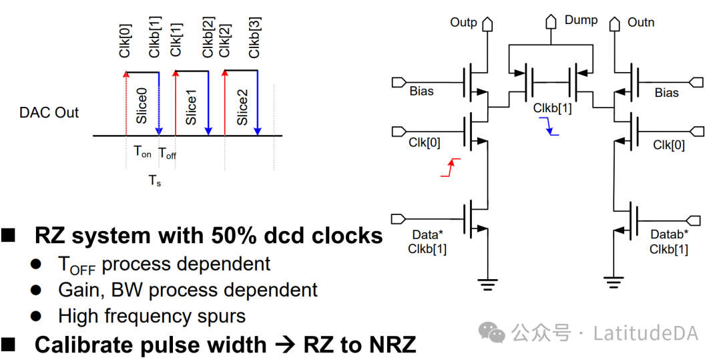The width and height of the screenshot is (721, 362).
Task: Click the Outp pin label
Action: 463,23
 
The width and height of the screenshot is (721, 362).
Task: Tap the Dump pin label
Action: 581,20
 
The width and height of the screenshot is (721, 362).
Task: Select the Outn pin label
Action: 641,23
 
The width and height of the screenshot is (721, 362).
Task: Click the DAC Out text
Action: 49,112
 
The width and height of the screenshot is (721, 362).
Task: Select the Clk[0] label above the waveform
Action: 126,39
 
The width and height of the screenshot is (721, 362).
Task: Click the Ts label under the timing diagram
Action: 155,180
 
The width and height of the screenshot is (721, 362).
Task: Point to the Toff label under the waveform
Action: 167,153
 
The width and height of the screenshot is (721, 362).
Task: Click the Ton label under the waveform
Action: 142,152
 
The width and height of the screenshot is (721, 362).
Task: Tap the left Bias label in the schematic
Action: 421,92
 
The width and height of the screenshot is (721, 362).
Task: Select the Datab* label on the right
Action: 669,235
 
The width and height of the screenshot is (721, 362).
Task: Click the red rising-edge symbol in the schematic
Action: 451,168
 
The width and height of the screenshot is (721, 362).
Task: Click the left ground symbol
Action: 489,283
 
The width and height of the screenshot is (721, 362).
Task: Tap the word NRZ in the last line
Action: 393,345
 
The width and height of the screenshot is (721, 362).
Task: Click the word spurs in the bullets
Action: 221,316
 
